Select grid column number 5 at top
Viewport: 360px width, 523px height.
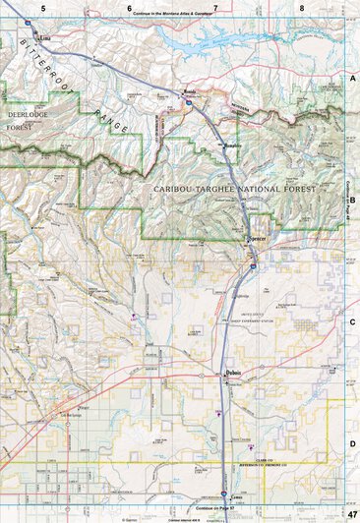tap(43, 7)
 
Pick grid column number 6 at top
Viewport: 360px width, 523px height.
tap(130, 7)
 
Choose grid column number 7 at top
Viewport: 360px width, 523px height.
tap(215, 7)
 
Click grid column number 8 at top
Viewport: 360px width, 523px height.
tap(302, 7)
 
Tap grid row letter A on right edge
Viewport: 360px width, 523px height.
tap(352, 77)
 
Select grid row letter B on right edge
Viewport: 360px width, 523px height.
tap(352, 199)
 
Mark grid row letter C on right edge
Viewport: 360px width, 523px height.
tap(352, 321)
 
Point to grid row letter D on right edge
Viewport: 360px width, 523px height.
tap(352, 443)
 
